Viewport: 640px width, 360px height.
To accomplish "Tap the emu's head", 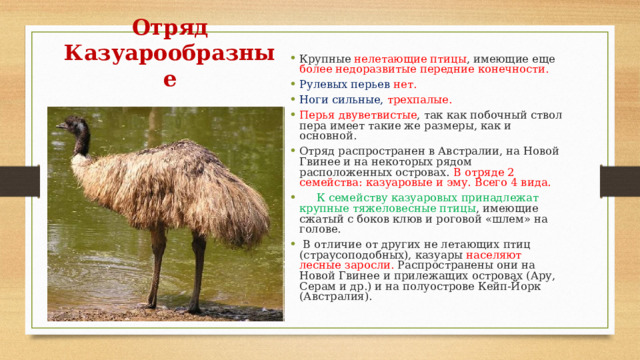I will point(76,126).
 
